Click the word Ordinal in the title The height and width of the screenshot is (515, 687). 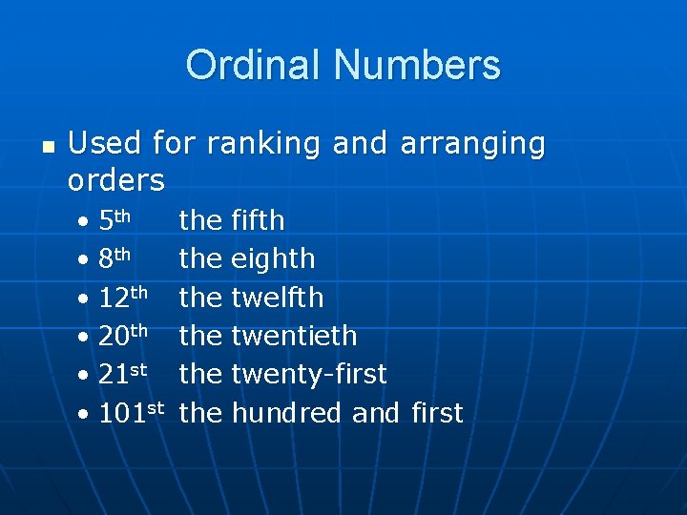(x=255, y=66)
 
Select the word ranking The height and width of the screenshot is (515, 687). (x=264, y=144)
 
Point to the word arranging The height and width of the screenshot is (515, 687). (x=472, y=144)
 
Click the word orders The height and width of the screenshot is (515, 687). (x=116, y=179)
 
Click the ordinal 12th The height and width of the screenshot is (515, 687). (x=123, y=297)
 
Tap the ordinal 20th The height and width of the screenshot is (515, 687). (x=123, y=336)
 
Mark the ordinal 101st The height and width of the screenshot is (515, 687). (x=131, y=413)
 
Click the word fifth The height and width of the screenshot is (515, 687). (x=258, y=220)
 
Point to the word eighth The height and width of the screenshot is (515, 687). (x=273, y=259)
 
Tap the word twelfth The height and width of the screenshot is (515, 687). (x=278, y=298)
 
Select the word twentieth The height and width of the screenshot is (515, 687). (x=294, y=336)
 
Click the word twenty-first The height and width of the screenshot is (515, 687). (x=309, y=375)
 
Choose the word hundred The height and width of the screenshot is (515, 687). (x=286, y=413)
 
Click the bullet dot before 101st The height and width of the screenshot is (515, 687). (x=85, y=415)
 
